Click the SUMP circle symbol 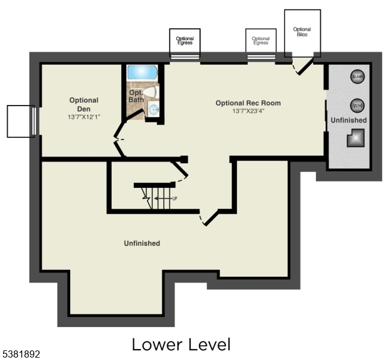(358, 77)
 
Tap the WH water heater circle (358, 106)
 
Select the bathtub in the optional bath (142, 72)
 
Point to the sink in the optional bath (154, 109)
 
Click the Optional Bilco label (302, 32)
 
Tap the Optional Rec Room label (248, 103)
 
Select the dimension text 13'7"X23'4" (248, 111)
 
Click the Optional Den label (84, 104)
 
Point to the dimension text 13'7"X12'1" (84, 116)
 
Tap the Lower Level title (181, 344)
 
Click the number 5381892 (22, 355)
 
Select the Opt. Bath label (137, 96)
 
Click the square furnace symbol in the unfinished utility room (355, 139)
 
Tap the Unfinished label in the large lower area (142, 243)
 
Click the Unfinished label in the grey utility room (349, 121)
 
